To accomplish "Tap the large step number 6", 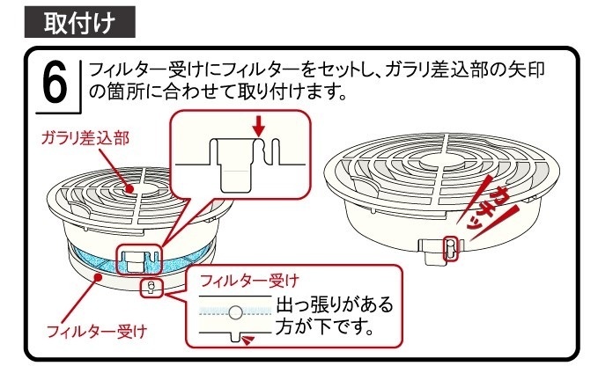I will (55, 84).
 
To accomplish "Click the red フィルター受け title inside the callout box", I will (249, 281).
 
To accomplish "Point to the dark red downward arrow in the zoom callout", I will (258, 128).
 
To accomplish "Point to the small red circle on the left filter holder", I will (151, 287).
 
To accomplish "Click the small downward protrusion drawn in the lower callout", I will (235, 338).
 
